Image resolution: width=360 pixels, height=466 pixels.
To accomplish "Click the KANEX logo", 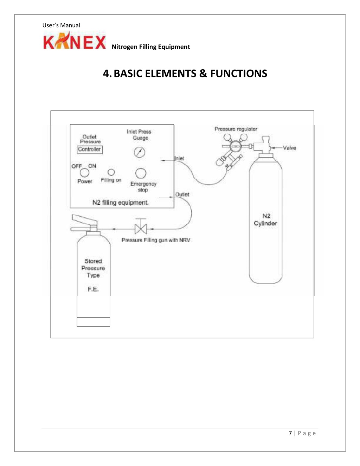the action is click(x=75, y=40).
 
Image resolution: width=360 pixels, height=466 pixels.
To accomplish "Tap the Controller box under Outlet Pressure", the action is click(x=90, y=149).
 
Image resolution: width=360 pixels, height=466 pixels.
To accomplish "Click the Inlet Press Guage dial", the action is click(x=140, y=152).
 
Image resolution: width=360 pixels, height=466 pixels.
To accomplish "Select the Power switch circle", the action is click(x=84, y=173).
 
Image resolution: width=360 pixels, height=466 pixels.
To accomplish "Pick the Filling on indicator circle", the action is click(x=111, y=172).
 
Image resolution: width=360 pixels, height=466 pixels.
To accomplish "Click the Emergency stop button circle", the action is click(x=141, y=173).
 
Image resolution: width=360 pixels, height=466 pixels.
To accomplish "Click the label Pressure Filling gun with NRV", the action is click(x=156, y=240).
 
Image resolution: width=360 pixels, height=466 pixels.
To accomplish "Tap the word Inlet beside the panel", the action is click(x=179, y=159).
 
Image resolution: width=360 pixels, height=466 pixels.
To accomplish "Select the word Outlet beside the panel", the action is click(x=182, y=194).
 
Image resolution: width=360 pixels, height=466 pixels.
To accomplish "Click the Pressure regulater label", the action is click(x=236, y=129).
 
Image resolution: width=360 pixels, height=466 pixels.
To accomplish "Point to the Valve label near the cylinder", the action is click(x=289, y=148).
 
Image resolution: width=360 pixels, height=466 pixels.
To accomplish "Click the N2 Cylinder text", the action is click(x=265, y=220).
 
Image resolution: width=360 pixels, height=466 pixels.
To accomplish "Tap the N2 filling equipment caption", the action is click(x=121, y=203).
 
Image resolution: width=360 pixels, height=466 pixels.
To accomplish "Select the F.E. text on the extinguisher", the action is click(x=93, y=289).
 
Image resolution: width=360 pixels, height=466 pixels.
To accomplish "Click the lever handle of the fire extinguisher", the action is click(x=85, y=219).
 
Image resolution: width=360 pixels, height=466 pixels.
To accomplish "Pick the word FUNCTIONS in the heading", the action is click(x=239, y=74).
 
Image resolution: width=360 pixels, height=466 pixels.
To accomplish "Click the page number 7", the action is click(x=290, y=433).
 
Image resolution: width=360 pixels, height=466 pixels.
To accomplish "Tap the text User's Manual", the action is click(x=61, y=25).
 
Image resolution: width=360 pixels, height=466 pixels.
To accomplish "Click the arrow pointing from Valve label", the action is click(x=276, y=148).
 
